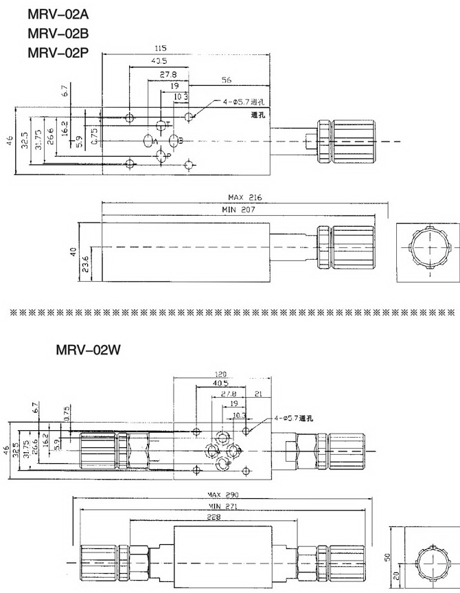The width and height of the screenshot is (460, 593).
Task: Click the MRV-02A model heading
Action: (x=58, y=14)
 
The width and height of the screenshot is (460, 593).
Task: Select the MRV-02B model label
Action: (x=58, y=32)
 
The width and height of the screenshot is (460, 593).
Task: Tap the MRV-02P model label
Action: (x=58, y=51)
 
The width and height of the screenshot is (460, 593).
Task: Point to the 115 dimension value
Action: (x=160, y=49)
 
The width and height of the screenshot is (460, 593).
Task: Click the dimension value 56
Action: (x=226, y=80)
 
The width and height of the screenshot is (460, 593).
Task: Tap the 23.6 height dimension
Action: (x=86, y=264)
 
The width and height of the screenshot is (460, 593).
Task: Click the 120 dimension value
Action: (x=220, y=375)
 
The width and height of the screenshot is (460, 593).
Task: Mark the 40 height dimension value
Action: (x=73, y=252)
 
